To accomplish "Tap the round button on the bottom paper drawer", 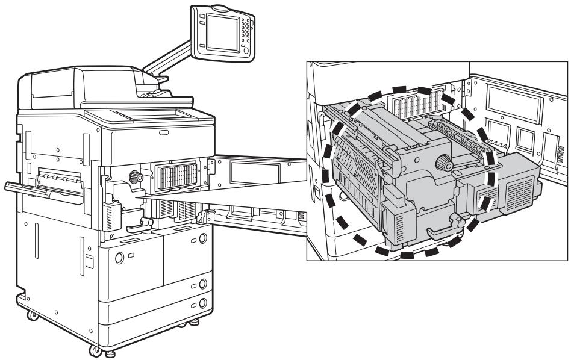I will [x=202, y=303].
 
